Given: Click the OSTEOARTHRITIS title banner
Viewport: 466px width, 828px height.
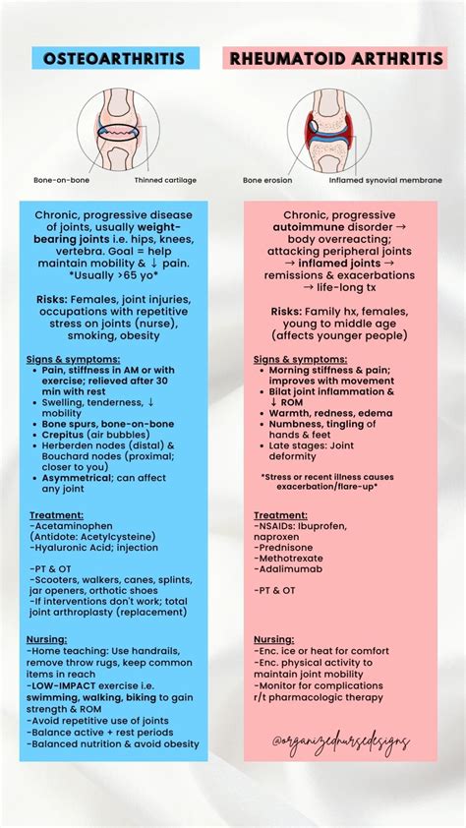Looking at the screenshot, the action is [114, 59].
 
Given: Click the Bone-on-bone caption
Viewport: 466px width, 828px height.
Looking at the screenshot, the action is [56, 181].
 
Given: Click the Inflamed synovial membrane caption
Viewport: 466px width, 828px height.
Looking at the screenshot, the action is [381, 181].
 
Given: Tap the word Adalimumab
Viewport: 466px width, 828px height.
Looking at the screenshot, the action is [290, 568].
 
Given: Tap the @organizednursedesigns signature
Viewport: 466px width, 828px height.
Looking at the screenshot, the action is [341, 743].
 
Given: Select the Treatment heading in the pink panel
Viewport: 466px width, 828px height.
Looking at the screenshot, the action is [280, 514].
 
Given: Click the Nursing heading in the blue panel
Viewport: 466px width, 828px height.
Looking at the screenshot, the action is [48, 639].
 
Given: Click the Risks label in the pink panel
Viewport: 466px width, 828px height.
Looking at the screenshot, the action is [291, 312].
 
